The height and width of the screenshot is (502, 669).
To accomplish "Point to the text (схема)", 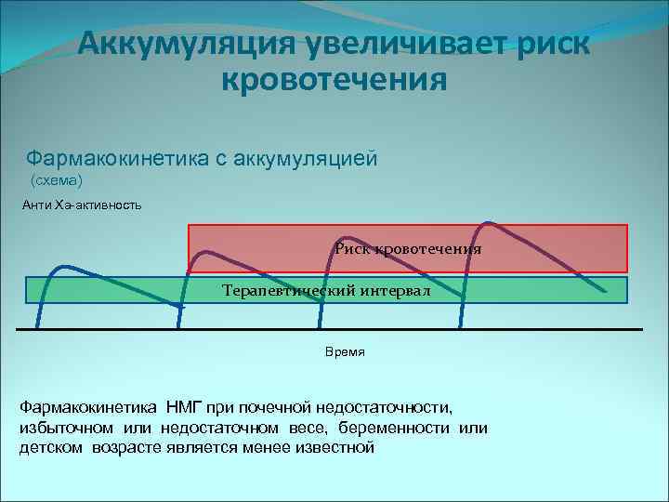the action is [58, 178].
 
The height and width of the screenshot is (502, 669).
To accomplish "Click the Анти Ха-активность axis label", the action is [82, 204].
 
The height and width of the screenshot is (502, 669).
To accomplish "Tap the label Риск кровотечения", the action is [409, 249].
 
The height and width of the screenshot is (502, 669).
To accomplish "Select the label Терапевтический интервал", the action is [327, 290].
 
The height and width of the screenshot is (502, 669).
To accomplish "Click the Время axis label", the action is [345, 352].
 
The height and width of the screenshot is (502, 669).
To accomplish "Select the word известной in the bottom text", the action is [332, 447].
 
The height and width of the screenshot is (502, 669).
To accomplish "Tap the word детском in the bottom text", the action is [52, 447].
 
